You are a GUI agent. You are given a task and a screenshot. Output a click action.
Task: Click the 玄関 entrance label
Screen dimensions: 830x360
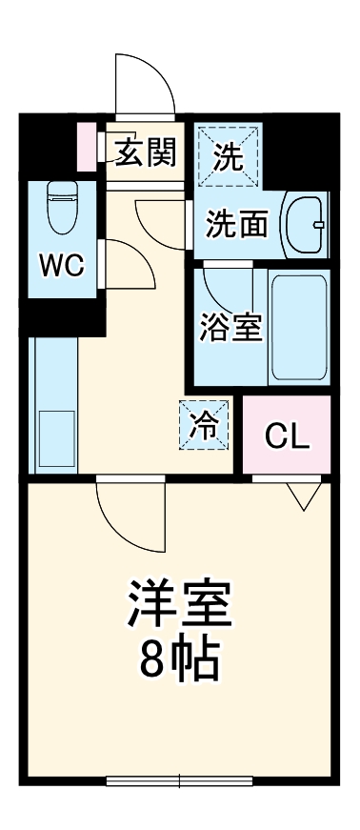point(144,151)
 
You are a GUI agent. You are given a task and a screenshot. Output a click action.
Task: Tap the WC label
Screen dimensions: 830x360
point(60,265)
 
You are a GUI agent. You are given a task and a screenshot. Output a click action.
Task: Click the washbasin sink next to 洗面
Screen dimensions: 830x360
point(306,224)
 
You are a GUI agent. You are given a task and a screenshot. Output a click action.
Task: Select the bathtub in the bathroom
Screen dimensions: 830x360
point(298,328)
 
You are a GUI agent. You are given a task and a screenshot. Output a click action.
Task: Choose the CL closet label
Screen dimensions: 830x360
point(287,437)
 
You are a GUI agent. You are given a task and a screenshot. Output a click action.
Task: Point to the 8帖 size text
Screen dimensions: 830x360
point(180,658)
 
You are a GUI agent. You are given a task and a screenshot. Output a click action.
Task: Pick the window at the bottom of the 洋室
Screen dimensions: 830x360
point(180,782)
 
